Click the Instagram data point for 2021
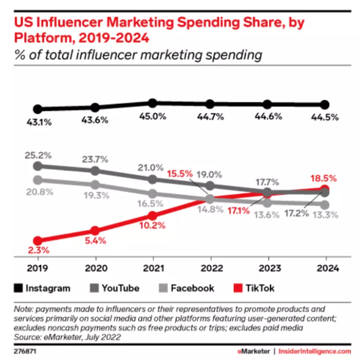pyautogui.click(x=152, y=103)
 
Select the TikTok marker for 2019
pyautogui.click(x=38, y=241)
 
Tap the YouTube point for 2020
pyautogui.click(x=95, y=171)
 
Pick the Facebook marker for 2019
pyautogui.click(x=38, y=180)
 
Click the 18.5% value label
pyautogui.click(x=323, y=179)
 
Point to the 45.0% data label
pyautogui.click(x=153, y=116)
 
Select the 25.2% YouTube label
pyautogui.click(x=38, y=155)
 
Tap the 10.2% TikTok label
pyautogui.click(x=152, y=226)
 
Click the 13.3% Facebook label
pyautogui.click(x=326, y=215)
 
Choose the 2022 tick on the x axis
pyautogui.click(x=211, y=260)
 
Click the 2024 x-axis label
pyautogui.click(x=328, y=268)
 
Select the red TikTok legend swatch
pyautogui.click(x=238, y=288)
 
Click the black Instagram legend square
pyautogui.click(x=19, y=288)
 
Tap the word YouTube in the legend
pyautogui.click(x=121, y=288)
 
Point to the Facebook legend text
pyautogui.click(x=192, y=288)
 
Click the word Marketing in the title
pyautogui.click(x=140, y=23)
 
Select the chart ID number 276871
pyautogui.click(x=25, y=352)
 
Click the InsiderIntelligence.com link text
pyautogui.click(x=315, y=352)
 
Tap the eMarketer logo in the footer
pyautogui.click(x=254, y=352)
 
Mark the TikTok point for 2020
pyautogui.click(x=95, y=231)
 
